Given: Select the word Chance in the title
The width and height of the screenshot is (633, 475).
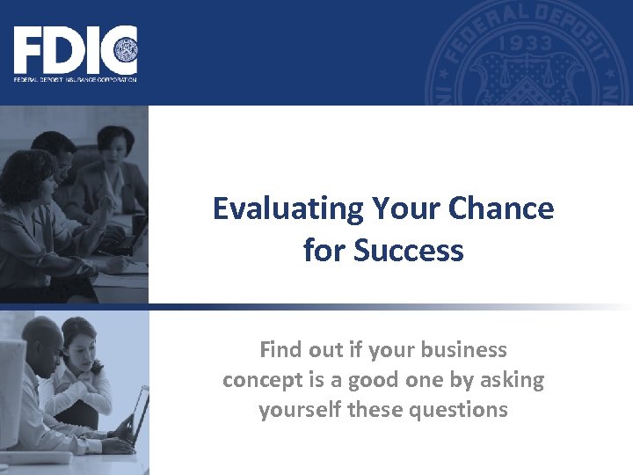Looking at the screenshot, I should [x=501, y=209].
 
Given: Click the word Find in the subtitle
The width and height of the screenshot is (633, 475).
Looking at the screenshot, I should [x=281, y=350].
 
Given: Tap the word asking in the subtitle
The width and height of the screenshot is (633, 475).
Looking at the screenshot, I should [x=511, y=380].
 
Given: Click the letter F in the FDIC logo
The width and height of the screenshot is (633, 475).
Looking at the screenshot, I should [x=29, y=51].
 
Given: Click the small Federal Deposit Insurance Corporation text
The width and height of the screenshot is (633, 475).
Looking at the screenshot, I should [x=75, y=80].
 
